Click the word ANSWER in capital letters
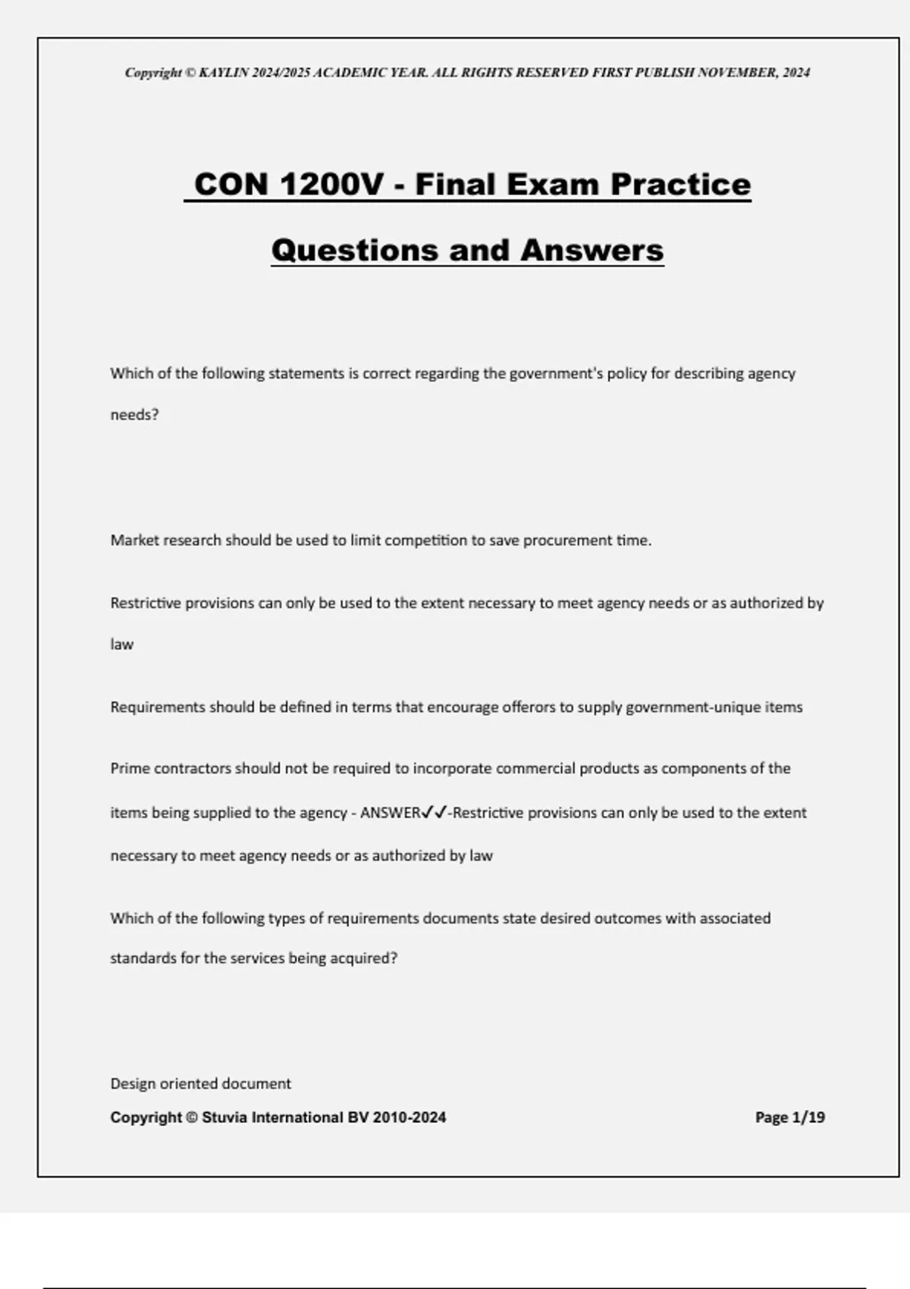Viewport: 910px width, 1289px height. [390, 813]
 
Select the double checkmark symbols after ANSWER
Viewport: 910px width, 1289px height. [434, 813]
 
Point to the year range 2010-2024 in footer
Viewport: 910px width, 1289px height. [409, 1117]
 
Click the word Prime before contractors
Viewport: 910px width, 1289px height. [130, 769]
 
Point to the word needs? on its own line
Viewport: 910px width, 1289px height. [134, 416]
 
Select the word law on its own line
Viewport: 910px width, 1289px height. [121, 644]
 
